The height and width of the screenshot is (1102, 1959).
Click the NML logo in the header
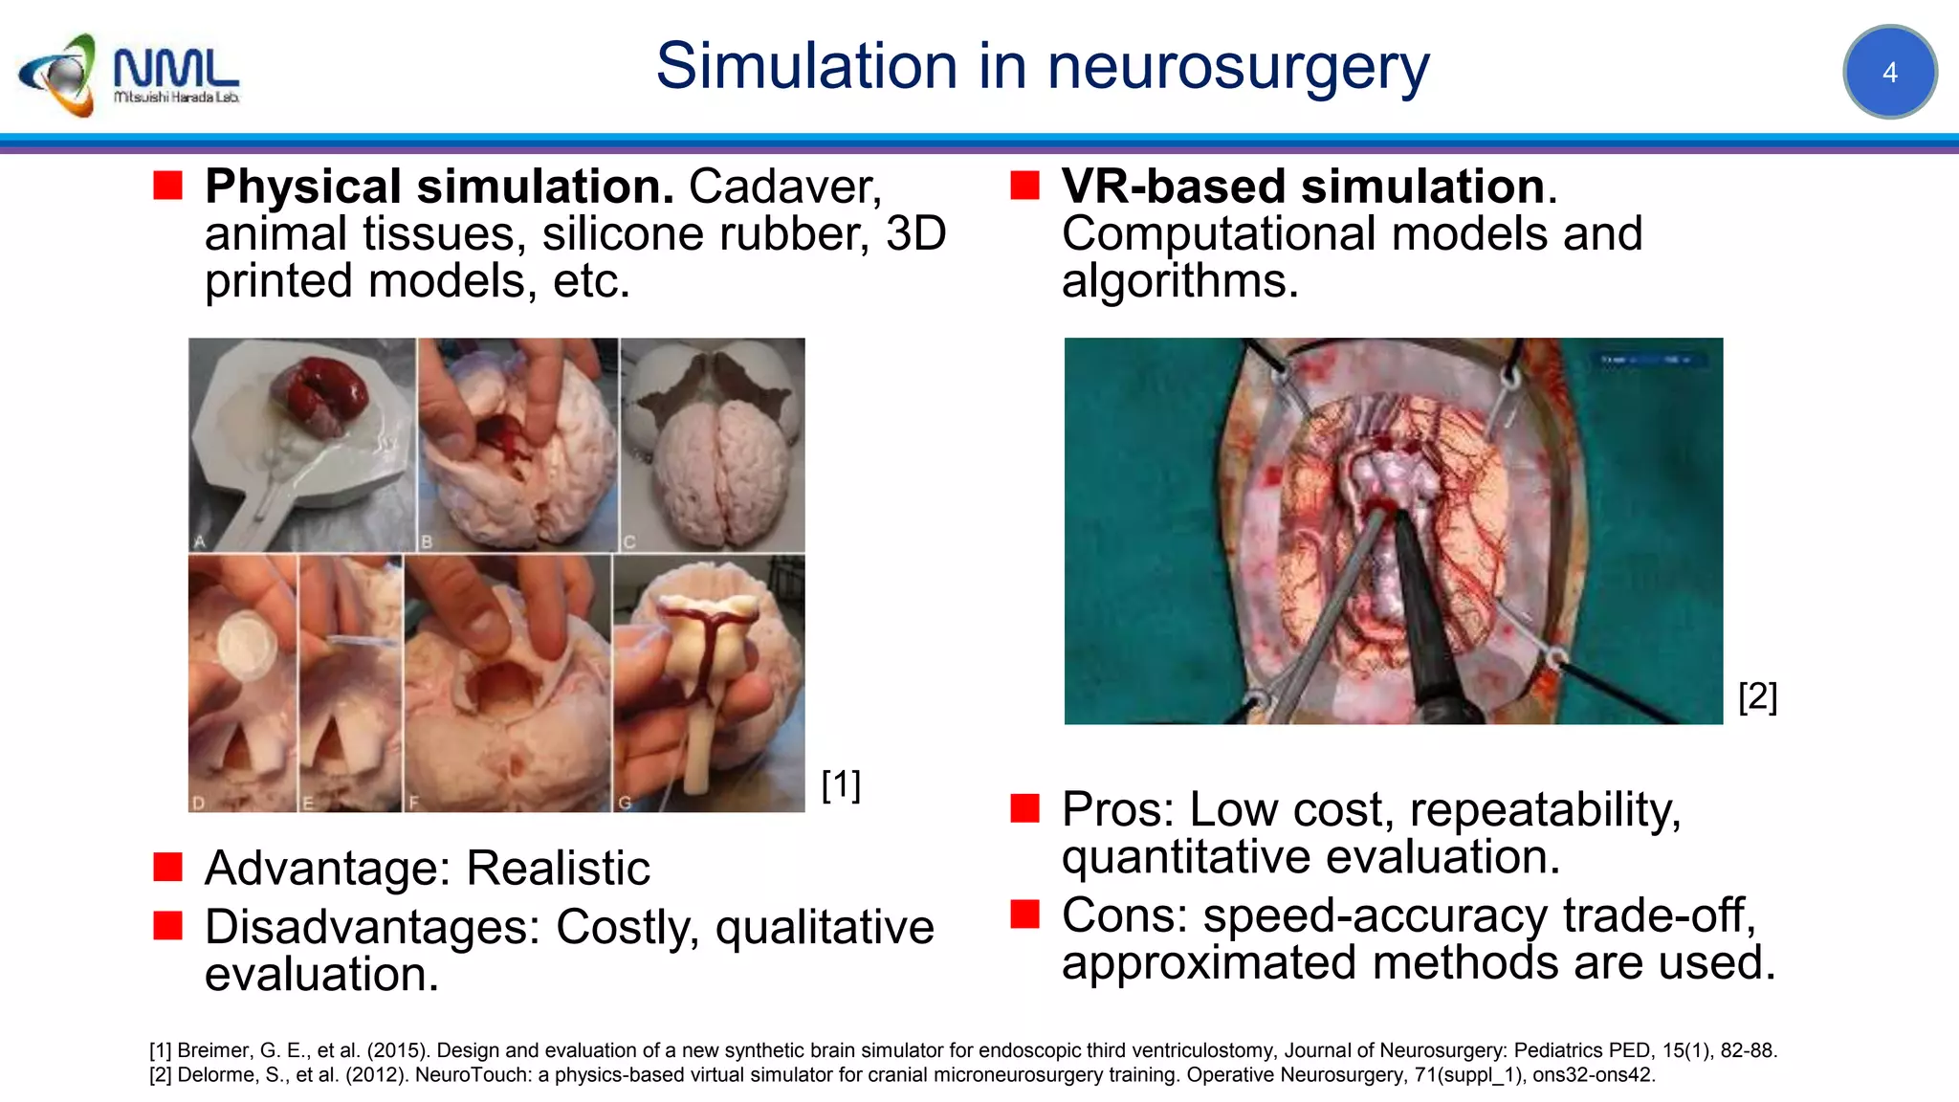(x=128, y=75)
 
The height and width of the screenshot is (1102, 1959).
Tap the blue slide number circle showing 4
(x=1889, y=73)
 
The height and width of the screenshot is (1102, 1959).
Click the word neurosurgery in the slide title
(x=1238, y=67)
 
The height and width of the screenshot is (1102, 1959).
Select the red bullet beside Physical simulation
(x=168, y=185)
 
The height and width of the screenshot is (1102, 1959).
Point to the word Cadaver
(x=783, y=187)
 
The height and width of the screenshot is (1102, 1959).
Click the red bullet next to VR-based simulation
(x=1024, y=185)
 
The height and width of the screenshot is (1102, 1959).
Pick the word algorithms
(x=1179, y=281)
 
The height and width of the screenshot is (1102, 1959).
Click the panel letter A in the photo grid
(x=200, y=541)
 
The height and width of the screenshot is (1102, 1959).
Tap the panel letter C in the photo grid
(x=629, y=542)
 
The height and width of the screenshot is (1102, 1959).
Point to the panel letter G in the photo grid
(x=625, y=803)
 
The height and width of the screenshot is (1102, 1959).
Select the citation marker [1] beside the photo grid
(x=841, y=784)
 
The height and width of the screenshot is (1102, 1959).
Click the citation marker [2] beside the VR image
(x=1757, y=695)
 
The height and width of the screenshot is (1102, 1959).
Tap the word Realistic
(x=558, y=869)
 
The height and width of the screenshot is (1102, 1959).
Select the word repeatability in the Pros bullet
(x=1544, y=810)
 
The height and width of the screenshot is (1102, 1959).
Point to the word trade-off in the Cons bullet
(x=1658, y=915)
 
